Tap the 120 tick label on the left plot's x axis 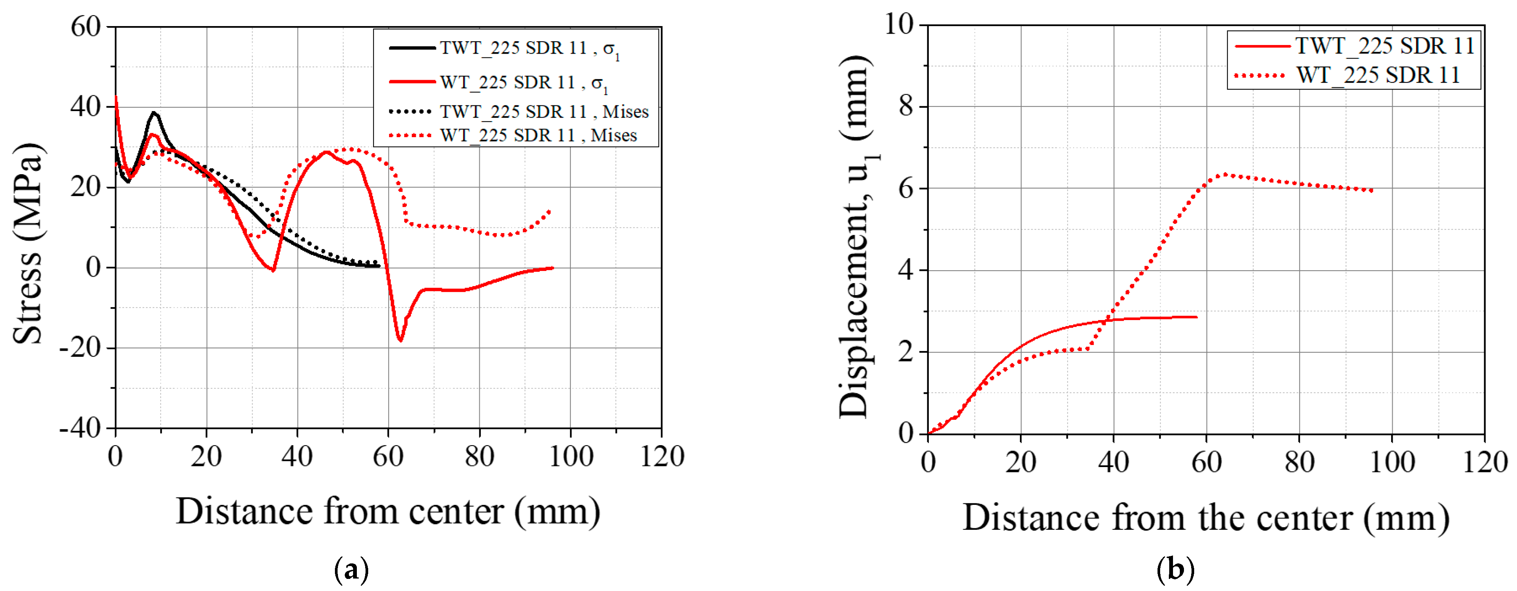click(662, 457)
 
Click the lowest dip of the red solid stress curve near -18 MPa click(400, 340)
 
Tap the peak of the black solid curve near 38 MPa click(154, 113)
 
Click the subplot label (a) click(352, 570)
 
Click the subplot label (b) click(1175, 570)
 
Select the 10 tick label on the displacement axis click(898, 25)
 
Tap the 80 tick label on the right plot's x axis click(1299, 462)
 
